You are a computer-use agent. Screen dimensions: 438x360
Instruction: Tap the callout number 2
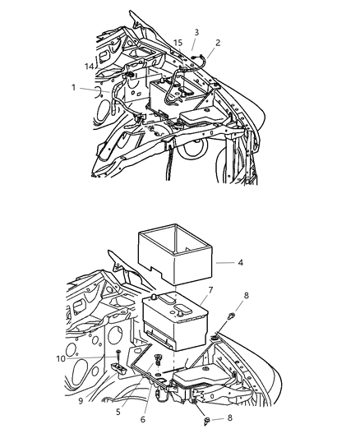tap(218, 43)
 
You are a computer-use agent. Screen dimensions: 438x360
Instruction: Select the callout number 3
tap(196, 32)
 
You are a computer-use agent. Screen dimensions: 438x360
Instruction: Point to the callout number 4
tap(241, 264)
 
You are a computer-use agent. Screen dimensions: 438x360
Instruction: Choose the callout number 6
tap(143, 419)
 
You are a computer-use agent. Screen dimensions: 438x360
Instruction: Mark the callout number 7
tap(211, 290)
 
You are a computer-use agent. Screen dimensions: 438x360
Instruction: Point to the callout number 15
tap(178, 42)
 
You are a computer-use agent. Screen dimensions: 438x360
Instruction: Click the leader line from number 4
tap(224, 263)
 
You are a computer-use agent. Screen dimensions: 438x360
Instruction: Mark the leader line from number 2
tap(207, 51)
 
